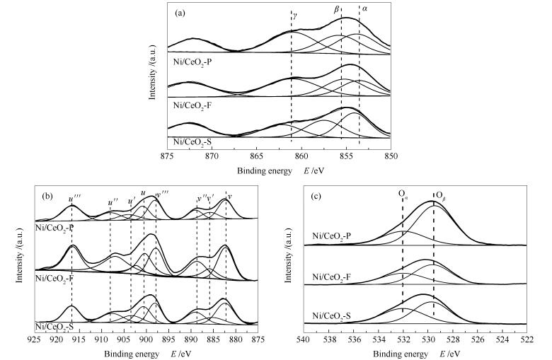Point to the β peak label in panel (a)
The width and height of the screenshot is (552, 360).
(x=338, y=9)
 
